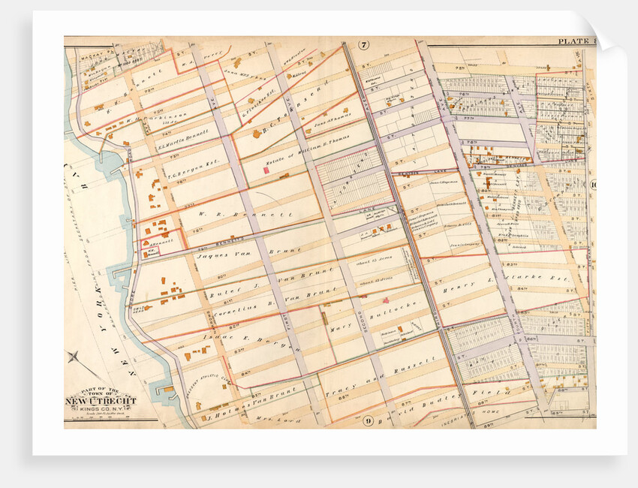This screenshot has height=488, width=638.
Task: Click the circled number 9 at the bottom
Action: coord(369,420)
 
